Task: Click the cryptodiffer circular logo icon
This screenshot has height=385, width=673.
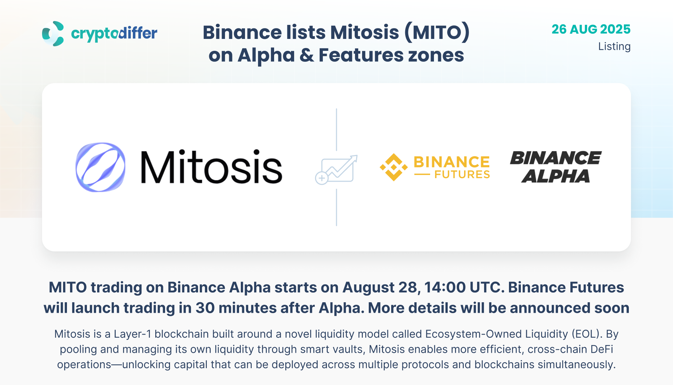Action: click(53, 33)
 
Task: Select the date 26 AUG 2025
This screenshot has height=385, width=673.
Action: click(591, 29)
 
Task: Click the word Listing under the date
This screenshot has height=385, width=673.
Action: click(614, 47)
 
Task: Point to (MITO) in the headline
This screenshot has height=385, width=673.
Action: click(437, 32)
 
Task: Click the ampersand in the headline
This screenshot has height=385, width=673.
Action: click(307, 55)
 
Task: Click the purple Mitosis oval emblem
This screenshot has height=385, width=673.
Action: click(101, 167)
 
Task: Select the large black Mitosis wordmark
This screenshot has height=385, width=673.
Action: click(211, 167)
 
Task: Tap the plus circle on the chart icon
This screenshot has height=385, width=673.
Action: click(321, 178)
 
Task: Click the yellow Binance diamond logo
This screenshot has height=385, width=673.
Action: click(394, 167)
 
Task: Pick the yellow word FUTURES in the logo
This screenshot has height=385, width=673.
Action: click(462, 174)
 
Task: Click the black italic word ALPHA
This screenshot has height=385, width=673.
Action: click(556, 176)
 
